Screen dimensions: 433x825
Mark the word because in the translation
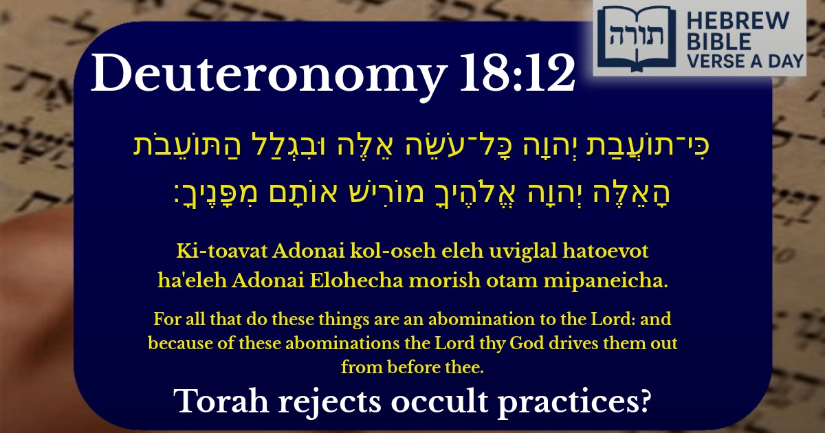coord(177,343)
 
